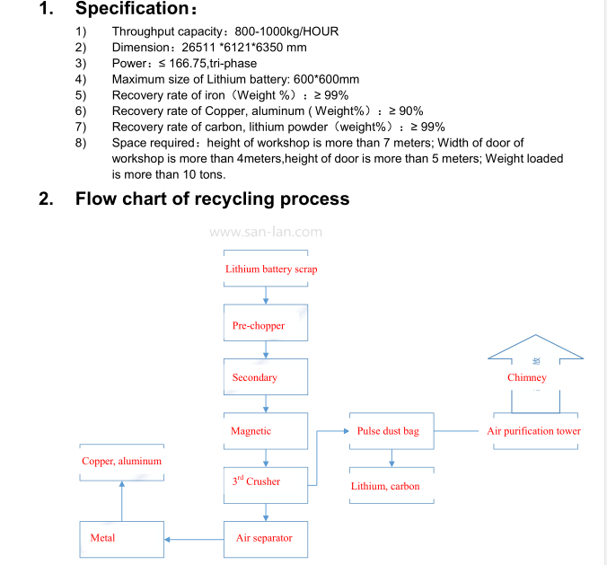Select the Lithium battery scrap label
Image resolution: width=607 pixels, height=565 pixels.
pyautogui.click(x=271, y=269)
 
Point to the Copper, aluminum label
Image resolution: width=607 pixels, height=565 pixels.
pyautogui.click(x=121, y=461)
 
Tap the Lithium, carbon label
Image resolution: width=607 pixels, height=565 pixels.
pyautogui.click(x=385, y=486)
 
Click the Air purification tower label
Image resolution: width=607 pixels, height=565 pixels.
pyautogui.click(x=534, y=431)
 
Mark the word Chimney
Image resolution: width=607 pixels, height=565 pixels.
pyautogui.click(x=527, y=377)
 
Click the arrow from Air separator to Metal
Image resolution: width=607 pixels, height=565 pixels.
pyautogui.click(x=194, y=540)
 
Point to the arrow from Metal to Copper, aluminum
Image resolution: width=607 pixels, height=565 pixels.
pyautogui.click(x=122, y=501)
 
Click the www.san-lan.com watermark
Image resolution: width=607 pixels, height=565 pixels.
pyautogui.click(x=266, y=232)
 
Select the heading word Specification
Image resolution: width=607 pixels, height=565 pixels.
pyautogui.click(x=132, y=8)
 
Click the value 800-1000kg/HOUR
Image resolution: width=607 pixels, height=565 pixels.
pyautogui.click(x=286, y=31)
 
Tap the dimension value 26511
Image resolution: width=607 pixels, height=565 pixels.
pyautogui.click(x=198, y=48)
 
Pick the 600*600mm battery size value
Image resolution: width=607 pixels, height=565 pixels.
pyautogui.click(x=326, y=79)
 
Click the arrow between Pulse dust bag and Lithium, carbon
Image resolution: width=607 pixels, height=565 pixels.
pyautogui.click(x=391, y=458)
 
